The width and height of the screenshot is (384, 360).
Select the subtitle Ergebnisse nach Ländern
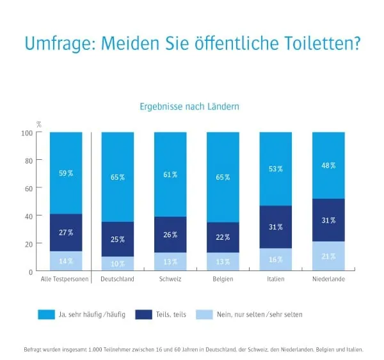click(x=189, y=107)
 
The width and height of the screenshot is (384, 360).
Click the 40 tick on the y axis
click(x=29, y=216)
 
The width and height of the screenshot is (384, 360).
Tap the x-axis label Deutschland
click(x=117, y=280)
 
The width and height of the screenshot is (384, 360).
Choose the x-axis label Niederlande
click(x=328, y=280)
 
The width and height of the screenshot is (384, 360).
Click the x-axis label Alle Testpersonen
click(x=66, y=280)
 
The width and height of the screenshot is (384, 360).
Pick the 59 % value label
click(x=66, y=173)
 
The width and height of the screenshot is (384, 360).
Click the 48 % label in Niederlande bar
click(x=328, y=165)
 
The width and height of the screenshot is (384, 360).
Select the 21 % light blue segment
click(x=328, y=256)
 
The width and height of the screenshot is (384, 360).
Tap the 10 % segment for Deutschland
click(x=117, y=263)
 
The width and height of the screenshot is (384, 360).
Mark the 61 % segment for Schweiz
click(x=170, y=175)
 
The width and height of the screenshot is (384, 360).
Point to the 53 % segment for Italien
click(x=276, y=169)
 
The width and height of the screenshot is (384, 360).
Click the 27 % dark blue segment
click(x=66, y=233)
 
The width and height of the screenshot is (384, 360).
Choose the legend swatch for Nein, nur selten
click(x=204, y=314)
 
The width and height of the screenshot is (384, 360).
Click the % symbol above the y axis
click(x=38, y=124)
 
